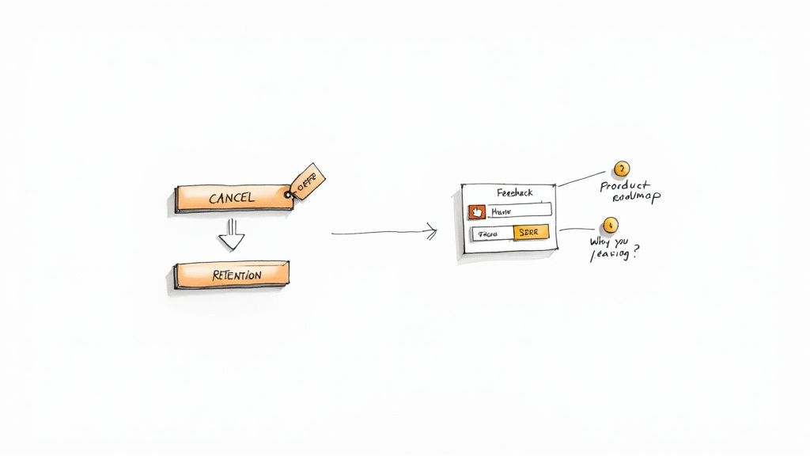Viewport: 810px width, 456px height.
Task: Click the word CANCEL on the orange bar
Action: (231, 199)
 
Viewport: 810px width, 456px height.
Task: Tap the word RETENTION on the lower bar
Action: (237, 275)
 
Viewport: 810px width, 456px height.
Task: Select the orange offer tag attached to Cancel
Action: (307, 180)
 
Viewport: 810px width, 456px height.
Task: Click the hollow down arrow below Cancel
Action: (232, 234)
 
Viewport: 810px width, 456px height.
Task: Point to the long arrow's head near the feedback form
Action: (432, 231)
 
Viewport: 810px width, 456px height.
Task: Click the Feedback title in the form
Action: (514, 192)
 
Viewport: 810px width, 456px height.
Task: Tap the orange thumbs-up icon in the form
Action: (477, 211)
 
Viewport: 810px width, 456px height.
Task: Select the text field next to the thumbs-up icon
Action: (519, 211)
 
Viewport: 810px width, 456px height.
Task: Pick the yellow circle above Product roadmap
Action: (622, 169)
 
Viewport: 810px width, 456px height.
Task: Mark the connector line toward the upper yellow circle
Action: (581, 179)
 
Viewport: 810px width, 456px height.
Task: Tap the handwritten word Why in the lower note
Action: (599, 241)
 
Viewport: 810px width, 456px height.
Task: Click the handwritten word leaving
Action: (608, 255)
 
